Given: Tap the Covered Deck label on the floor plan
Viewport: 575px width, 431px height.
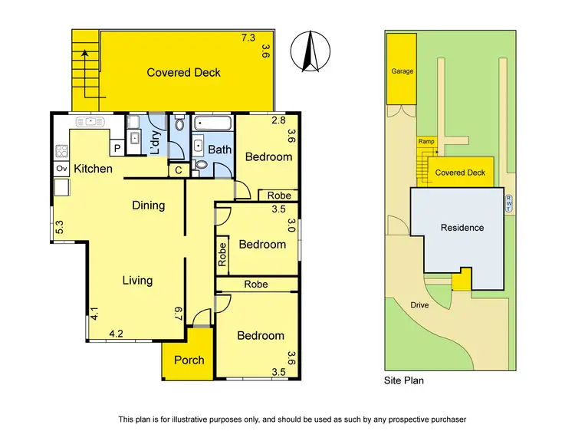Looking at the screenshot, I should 184,73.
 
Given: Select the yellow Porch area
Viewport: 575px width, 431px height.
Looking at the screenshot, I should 188,360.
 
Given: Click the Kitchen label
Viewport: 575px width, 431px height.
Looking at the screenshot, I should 94,169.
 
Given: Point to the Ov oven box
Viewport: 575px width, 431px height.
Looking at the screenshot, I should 61,169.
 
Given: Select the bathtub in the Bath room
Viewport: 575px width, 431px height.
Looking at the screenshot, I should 213,123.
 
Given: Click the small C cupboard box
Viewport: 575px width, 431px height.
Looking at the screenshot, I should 178,170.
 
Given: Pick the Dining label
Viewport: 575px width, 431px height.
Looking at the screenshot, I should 148,205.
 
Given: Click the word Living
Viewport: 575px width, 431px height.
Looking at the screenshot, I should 137,281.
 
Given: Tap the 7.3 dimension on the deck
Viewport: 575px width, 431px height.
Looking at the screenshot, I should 248,38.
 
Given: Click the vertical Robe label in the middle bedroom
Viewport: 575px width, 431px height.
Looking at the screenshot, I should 222,254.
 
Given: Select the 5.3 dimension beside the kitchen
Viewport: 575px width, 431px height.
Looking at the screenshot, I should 59,228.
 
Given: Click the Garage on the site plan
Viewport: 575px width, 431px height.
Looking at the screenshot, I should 402,71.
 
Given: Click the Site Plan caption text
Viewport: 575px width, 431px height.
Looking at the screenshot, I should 403,380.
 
